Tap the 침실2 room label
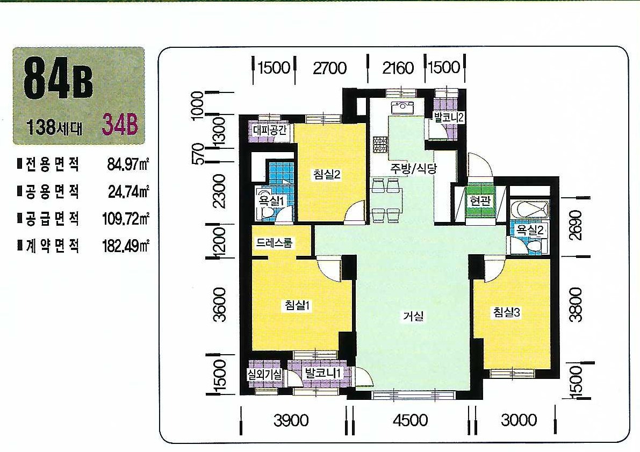(x=327, y=175)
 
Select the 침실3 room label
(x=507, y=312)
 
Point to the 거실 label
(x=413, y=315)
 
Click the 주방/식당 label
(x=413, y=169)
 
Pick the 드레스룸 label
(x=274, y=243)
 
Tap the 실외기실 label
(x=264, y=374)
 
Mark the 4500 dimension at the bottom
(x=411, y=420)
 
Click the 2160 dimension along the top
(x=398, y=68)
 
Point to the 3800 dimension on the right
(x=576, y=305)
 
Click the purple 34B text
(x=120, y=125)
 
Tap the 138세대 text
(x=54, y=127)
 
